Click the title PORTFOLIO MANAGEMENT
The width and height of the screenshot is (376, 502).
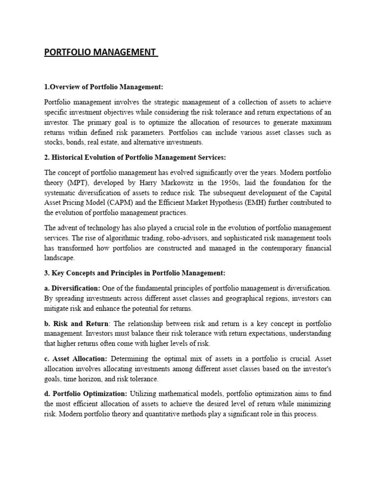[100, 52]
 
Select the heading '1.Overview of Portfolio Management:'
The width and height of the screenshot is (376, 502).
[103, 87]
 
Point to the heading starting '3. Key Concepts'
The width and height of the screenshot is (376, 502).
[135, 273]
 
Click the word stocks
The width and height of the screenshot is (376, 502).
[54, 142]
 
